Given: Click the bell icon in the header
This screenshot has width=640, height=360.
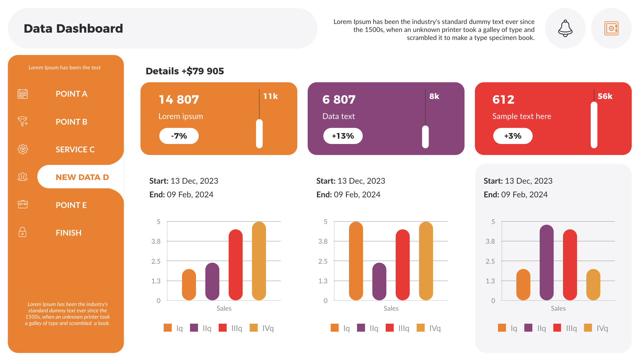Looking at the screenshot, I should [x=565, y=28].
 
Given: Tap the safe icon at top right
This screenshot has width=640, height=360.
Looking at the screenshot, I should [x=611, y=28].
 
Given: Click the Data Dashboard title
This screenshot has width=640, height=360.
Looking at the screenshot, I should [x=73, y=29].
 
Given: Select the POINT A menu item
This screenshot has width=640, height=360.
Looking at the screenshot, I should [x=71, y=94].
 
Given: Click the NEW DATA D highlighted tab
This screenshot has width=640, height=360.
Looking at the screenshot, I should [x=82, y=177].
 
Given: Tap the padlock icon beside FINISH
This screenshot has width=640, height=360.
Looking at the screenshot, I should [x=22, y=232].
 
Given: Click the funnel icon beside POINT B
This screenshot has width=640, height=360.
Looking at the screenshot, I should [x=23, y=121].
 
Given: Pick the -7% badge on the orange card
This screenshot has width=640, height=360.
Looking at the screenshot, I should [x=179, y=136].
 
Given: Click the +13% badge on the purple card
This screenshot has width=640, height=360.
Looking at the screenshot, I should [x=343, y=136].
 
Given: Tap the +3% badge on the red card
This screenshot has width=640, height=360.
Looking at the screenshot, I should [x=513, y=136].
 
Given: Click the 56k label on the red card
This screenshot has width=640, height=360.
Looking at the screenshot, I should [x=605, y=96].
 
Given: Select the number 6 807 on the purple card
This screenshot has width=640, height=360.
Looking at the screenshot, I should [x=339, y=100].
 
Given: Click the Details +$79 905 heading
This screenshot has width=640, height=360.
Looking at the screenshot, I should [x=185, y=71].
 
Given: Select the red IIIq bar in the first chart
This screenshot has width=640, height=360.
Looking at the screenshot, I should [x=235, y=265].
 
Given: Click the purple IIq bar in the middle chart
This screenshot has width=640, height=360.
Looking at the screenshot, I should [x=379, y=282].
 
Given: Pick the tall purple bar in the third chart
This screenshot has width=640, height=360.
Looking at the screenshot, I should [x=546, y=263].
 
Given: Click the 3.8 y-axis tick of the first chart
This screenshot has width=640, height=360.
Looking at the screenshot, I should [x=156, y=241].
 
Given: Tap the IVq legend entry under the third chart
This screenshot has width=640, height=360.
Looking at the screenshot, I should [x=596, y=328].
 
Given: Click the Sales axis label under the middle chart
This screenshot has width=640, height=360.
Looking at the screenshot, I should [x=391, y=308].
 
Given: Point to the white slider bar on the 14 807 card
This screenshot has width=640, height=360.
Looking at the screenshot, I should [x=259, y=134].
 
